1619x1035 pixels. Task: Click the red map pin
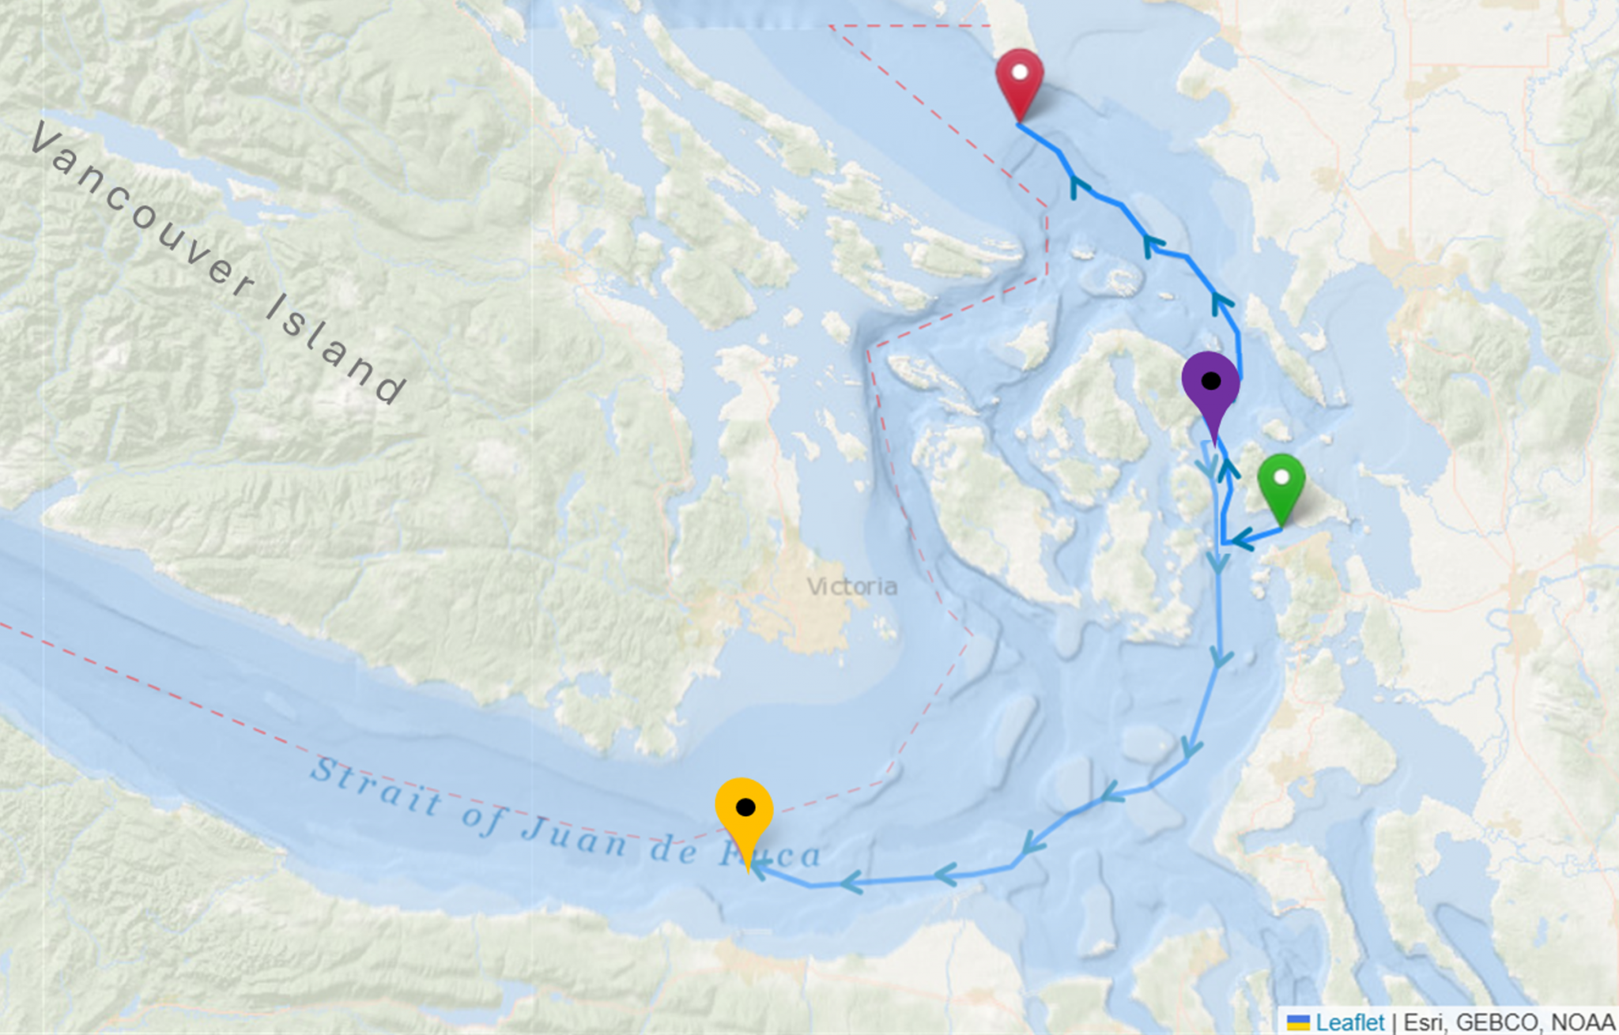(x=1019, y=79)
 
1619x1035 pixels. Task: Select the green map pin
(x=1281, y=484)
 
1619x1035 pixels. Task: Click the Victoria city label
(x=851, y=586)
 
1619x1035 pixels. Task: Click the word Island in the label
(x=335, y=348)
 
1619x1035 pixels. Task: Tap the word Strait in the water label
(x=376, y=786)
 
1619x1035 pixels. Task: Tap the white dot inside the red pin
(x=1020, y=72)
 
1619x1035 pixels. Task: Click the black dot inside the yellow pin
(x=745, y=807)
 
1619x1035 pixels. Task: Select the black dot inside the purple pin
(x=1210, y=381)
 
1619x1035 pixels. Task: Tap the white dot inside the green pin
(x=1281, y=476)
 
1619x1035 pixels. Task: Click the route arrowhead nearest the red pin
(x=1078, y=187)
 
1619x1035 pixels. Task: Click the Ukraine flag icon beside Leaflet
(x=1297, y=1022)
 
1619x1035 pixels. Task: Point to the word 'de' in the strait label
(x=674, y=849)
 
